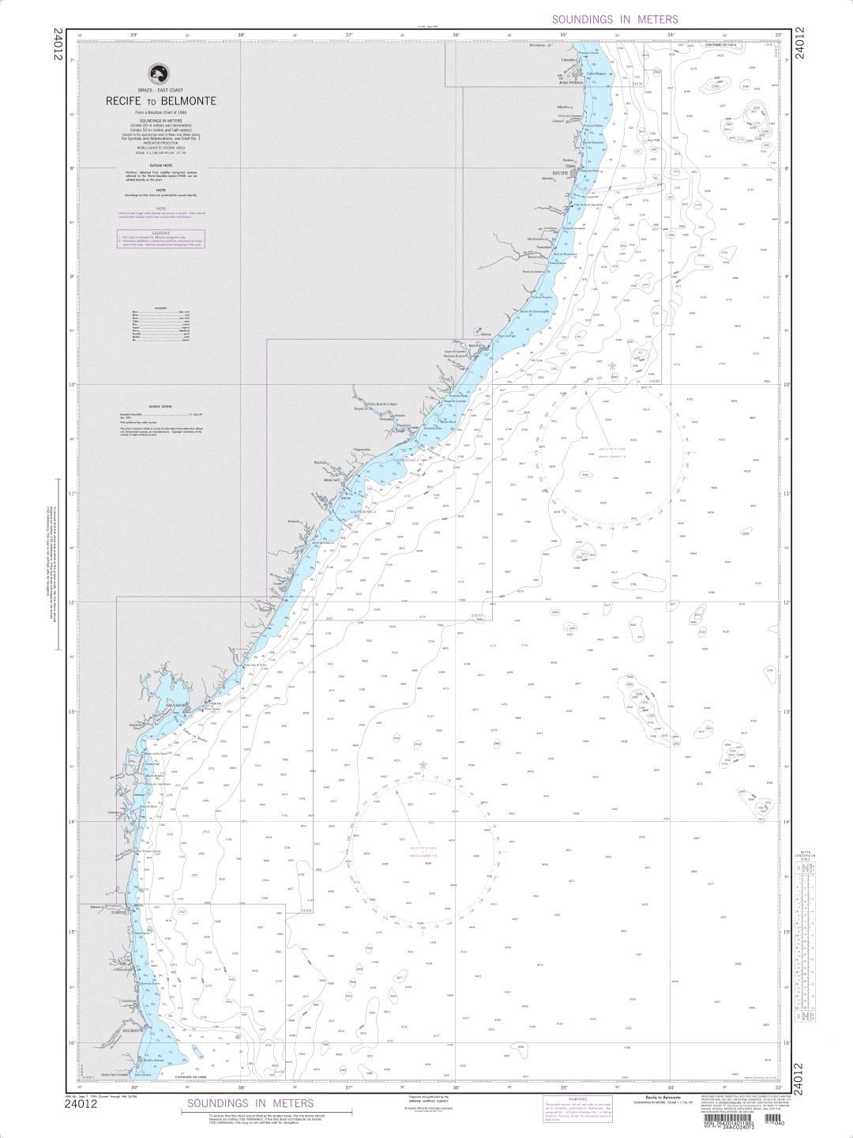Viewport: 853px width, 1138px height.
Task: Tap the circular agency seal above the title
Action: (160, 73)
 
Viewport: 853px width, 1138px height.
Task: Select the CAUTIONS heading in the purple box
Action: (160, 233)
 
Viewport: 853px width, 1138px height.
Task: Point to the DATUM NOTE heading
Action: (160, 164)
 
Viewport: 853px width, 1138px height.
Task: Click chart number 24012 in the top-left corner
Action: (56, 46)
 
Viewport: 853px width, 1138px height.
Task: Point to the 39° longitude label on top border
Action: (133, 35)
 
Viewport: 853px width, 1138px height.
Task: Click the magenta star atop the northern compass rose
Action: (612, 365)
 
